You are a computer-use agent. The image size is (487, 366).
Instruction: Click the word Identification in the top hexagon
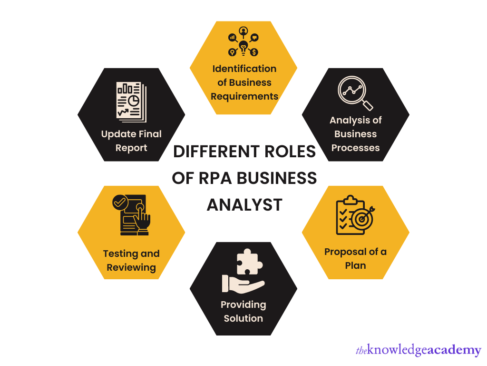(244, 69)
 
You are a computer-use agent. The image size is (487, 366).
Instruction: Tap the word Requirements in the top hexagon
(244, 96)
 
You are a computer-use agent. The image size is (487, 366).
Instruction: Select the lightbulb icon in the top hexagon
(243, 46)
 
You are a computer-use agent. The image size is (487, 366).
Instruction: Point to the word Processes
(355, 148)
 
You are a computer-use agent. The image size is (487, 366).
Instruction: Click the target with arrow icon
(362, 218)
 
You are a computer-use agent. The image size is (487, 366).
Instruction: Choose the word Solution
(243, 318)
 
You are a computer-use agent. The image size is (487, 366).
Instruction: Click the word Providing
(243, 305)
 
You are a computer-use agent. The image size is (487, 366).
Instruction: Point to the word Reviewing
(131, 267)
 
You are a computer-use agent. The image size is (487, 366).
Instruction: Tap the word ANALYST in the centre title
(244, 205)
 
